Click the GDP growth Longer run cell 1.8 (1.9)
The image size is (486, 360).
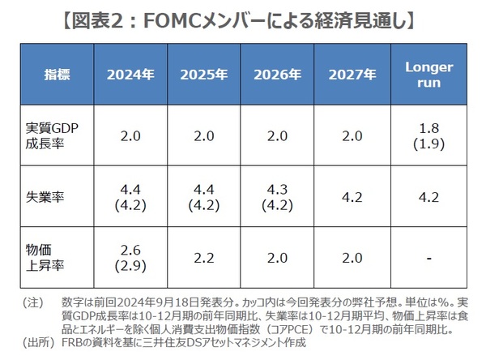(x=426, y=137)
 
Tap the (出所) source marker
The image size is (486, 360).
(x=36, y=341)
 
